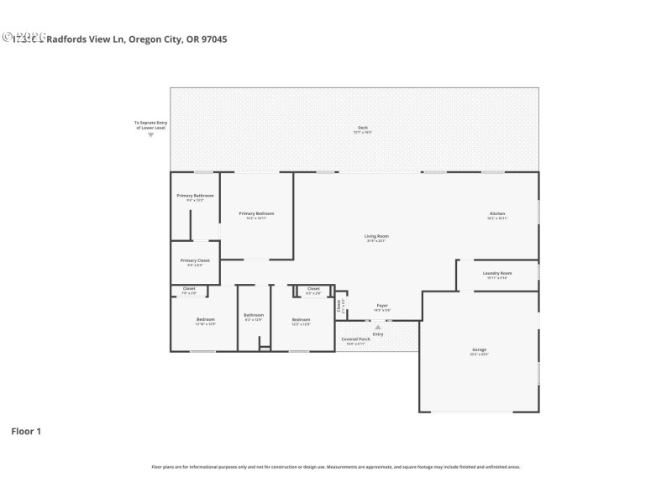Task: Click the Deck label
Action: pyautogui.click(x=362, y=128)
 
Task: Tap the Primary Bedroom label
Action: pyautogui.click(x=256, y=213)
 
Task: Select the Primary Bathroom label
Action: pyautogui.click(x=195, y=196)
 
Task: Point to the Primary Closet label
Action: pyautogui.click(x=195, y=260)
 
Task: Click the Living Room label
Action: pyautogui.click(x=376, y=236)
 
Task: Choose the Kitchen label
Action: pyautogui.click(x=497, y=214)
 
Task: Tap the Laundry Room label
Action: pyautogui.click(x=497, y=273)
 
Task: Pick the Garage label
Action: pyautogui.click(x=479, y=349)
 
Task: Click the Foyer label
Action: pyautogui.click(x=381, y=305)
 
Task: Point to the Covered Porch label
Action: pyautogui.click(x=354, y=339)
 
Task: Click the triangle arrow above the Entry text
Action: pyautogui.click(x=378, y=328)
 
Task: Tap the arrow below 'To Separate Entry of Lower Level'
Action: pyautogui.click(x=151, y=134)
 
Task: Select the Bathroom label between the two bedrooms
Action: pyautogui.click(x=254, y=315)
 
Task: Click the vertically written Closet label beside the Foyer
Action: pyautogui.click(x=339, y=306)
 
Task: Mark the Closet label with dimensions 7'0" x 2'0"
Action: pyautogui.click(x=189, y=289)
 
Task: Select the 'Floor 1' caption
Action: pyautogui.click(x=26, y=432)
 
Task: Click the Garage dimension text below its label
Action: pyautogui.click(x=479, y=354)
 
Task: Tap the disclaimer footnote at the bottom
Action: pyautogui.click(x=336, y=466)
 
